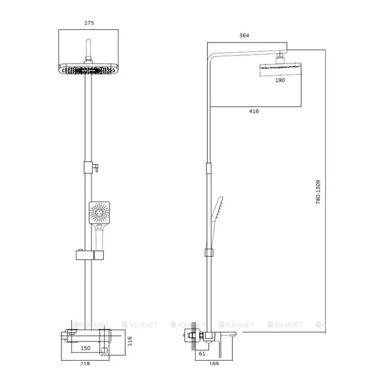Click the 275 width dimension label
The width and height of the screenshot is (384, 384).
coord(89,23)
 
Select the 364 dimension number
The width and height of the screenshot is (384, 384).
coord(244,35)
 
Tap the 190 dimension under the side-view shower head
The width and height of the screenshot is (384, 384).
coord(280,80)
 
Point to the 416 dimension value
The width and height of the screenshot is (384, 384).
coord(254,111)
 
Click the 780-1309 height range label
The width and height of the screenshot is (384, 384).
coord(318,192)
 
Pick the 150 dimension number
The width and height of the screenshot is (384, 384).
coord(85,348)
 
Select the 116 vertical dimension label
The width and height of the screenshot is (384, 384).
coord(130,341)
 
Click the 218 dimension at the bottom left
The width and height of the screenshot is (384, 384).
coord(85,364)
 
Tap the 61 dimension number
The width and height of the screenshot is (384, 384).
coord(202,354)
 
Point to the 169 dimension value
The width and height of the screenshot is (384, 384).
coord(214,364)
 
